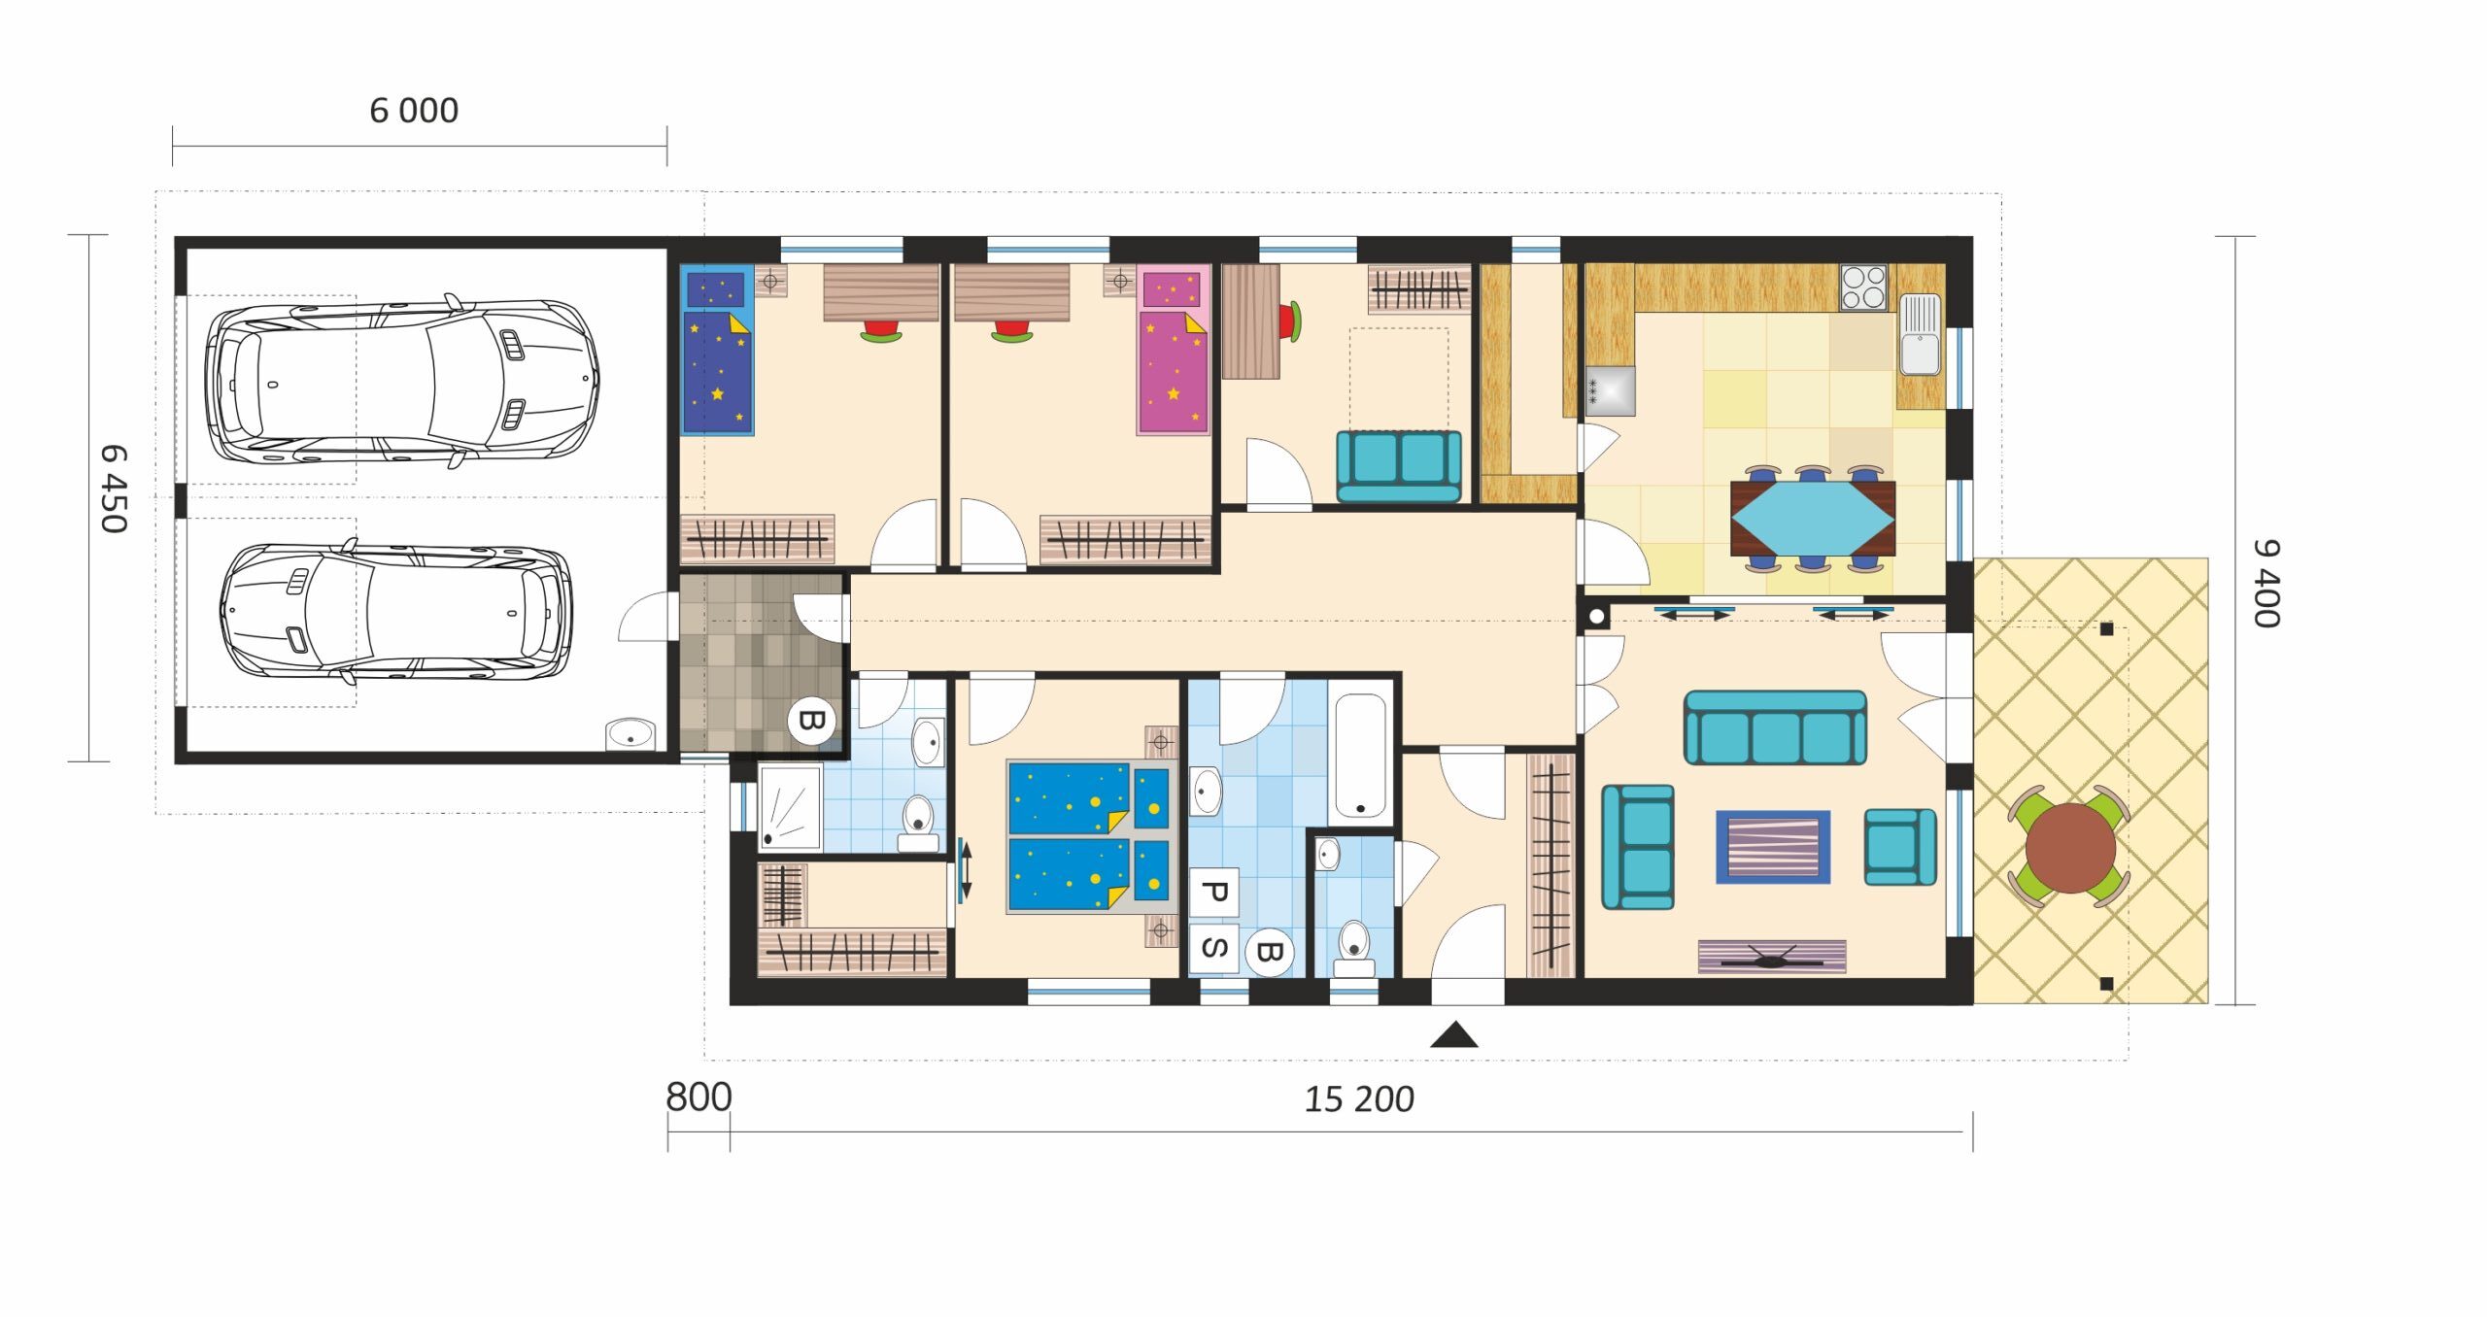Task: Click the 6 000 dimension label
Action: pyautogui.click(x=414, y=111)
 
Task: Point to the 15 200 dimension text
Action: pyautogui.click(x=1358, y=1099)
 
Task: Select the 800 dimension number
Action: pyautogui.click(x=698, y=1097)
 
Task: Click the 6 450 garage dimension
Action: pyautogui.click(x=114, y=490)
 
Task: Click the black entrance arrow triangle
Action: pyautogui.click(x=1454, y=1034)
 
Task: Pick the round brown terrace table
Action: pyautogui.click(x=2070, y=847)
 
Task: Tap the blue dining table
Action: pyautogui.click(x=1813, y=519)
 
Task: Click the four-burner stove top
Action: pyautogui.click(x=1863, y=287)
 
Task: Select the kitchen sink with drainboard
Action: pyautogui.click(x=1920, y=334)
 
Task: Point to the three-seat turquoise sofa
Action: pyautogui.click(x=1775, y=727)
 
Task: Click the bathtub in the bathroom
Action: pyautogui.click(x=1360, y=757)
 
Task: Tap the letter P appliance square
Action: pyautogui.click(x=1213, y=893)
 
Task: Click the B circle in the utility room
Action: pyautogui.click(x=811, y=721)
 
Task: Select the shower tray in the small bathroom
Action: pyautogui.click(x=790, y=807)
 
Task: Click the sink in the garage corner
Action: pyautogui.click(x=631, y=734)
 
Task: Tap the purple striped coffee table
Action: pyautogui.click(x=1773, y=847)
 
